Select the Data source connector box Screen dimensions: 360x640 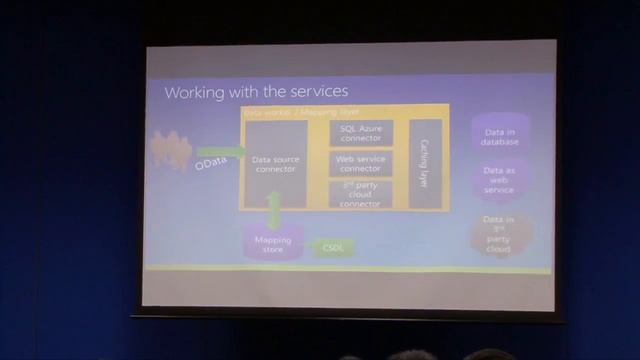pos(275,163)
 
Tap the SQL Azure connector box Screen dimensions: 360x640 pos(360,134)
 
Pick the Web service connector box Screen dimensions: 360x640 pos(360,163)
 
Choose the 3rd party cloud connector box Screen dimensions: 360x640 pos(360,194)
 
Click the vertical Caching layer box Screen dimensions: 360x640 pos(424,163)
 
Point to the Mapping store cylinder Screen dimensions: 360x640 pos(273,244)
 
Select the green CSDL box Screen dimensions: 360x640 pos(333,247)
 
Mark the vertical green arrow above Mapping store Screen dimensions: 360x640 pos(274,211)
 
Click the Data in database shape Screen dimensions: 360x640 pos(499,136)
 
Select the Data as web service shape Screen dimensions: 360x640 pos(499,180)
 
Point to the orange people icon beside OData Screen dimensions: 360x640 pos(171,150)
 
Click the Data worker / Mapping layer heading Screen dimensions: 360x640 pos(290,114)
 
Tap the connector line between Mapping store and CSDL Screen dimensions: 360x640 pos(309,247)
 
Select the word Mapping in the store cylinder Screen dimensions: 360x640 pos(272,240)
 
